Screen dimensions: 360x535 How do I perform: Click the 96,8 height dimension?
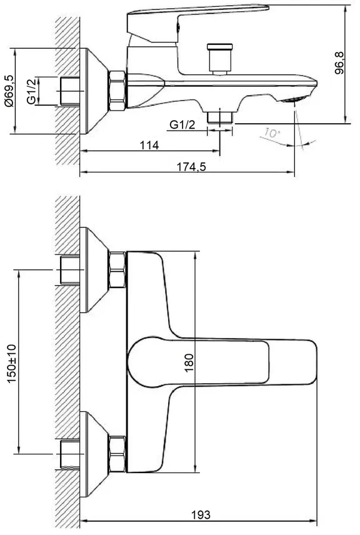(x=339, y=63)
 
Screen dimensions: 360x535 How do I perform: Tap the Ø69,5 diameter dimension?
(x=9, y=91)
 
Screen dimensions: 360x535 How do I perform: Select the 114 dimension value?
(x=149, y=145)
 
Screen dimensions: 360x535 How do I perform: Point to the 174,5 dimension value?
(x=191, y=167)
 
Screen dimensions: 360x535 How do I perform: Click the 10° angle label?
(x=272, y=132)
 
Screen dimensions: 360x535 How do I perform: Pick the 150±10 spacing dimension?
(x=12, y=363)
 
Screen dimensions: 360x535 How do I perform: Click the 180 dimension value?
(x=189, y=362)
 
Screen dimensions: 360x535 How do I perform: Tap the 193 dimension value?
(x=201, y=514)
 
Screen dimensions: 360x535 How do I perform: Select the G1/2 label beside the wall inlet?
(x=32, y=91)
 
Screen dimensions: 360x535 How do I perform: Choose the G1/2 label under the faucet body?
(x=182, y=125)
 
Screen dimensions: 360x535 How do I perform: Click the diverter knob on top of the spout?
(x=220, y=59)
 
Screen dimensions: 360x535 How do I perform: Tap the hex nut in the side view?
(x=117, y=91)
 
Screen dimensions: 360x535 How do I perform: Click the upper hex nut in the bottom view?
(x=117, y=270)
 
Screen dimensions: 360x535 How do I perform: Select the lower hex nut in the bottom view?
(x=117, y=454)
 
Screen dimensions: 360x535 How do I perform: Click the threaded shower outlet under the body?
(x=220, y=117)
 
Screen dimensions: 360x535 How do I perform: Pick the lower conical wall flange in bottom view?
(x=94, y=454)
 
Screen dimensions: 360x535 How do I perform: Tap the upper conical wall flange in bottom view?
(x=94, y=270)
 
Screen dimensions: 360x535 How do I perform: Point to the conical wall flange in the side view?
(x=94, y=91)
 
